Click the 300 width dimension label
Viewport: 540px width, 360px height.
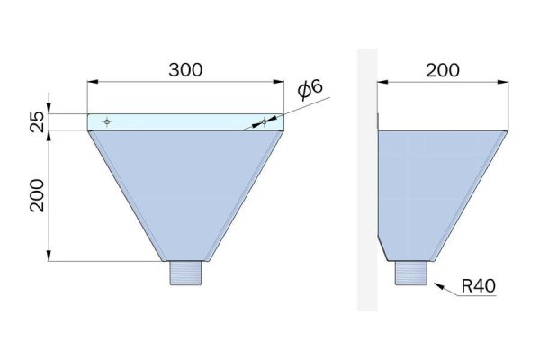point(185,70)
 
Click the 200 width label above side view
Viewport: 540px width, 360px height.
point(443,70)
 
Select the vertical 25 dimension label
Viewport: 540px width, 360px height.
point(37,122)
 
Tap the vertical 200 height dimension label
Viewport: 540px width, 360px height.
point(37,195)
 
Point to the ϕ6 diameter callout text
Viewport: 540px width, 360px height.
point(310,89)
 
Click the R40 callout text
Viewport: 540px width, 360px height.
point(479,286)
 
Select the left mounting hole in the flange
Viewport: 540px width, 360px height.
point(107,121)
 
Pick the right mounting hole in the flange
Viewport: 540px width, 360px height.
point(264,121)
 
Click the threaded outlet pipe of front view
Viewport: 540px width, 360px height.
point(185,273)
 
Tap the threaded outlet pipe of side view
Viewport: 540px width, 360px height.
point(411,273)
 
